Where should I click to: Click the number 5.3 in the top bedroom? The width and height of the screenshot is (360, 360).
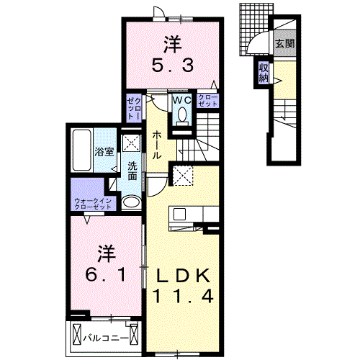171,66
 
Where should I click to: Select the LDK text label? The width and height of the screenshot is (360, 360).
181,275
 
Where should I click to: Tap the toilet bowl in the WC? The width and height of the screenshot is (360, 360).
181,115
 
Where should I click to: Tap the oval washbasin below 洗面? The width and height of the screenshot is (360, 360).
130,202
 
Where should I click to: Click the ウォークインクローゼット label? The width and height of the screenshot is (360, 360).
94,203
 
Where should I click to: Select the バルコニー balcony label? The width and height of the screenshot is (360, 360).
105,337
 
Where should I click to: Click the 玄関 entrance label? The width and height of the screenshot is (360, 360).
283,44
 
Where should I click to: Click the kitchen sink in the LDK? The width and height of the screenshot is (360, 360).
178,214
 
